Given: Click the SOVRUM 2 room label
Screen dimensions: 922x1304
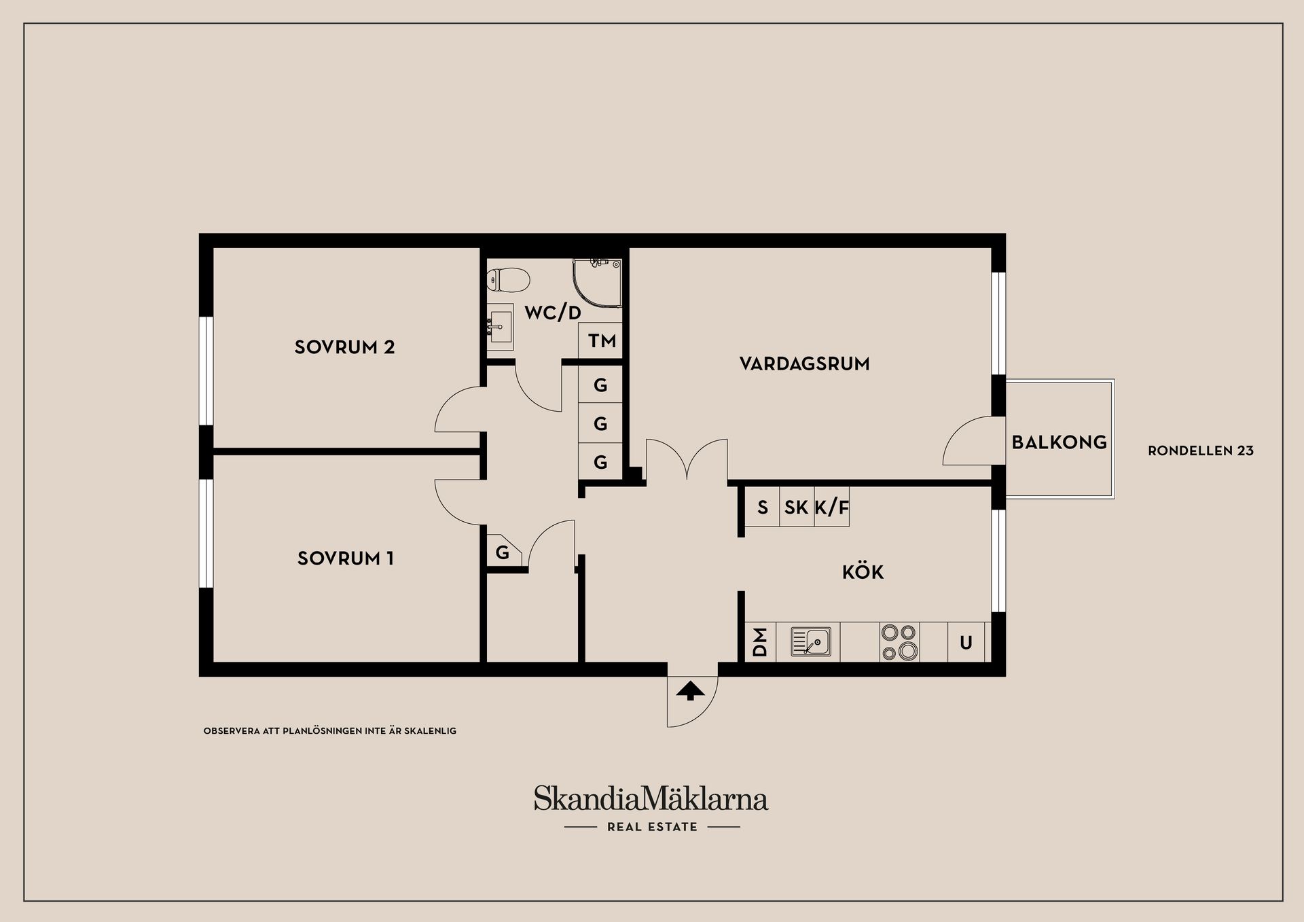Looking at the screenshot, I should click(344, 347).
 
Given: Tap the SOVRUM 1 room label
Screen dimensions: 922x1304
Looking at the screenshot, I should click(345, 558).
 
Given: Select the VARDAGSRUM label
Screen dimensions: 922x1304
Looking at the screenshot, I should click(804, 364).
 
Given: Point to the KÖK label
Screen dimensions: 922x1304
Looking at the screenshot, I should click(863, 572).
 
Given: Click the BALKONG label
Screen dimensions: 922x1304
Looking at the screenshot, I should click(1059, 442).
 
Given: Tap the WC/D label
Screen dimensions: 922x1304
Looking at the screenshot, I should click(553, 313).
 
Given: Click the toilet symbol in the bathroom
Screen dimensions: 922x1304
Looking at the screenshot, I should click(508, 279).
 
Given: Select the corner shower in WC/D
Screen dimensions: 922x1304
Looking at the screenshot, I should click(596, 280).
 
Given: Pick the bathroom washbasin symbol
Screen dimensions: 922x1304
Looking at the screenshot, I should click(501, 327).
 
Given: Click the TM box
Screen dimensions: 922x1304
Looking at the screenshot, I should click(601, 340).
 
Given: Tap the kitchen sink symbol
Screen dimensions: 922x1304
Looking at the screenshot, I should click(811, 641).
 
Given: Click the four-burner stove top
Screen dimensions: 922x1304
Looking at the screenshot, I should click(899, 641).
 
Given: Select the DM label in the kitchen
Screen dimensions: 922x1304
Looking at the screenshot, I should click(760, 642).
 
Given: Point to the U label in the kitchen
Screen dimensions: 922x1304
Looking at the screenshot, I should click(966, 642).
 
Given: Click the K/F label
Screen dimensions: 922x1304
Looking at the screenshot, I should click(832, 507).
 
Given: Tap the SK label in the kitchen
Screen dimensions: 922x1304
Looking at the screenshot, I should click(796, 507).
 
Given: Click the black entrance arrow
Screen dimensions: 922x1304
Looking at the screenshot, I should click(691, 692).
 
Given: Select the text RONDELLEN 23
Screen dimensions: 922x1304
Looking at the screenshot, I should click(1200, 450).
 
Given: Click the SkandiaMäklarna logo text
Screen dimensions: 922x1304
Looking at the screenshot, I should click(651, 798).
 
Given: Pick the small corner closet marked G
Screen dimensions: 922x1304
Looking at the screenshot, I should click(503, 552).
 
